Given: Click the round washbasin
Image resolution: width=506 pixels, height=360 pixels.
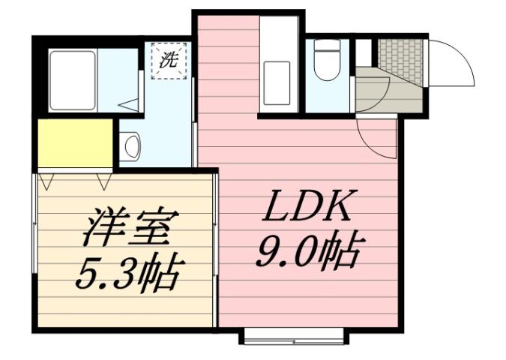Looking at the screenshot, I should pos(132,145).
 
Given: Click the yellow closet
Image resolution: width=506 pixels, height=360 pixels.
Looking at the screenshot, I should pos(76,143).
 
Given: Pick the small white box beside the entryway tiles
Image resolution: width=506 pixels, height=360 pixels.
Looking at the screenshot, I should pos(364,53).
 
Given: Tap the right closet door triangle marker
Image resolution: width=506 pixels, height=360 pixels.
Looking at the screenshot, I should pos(103,181).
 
